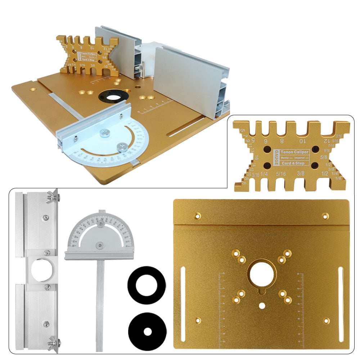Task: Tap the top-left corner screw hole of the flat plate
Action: (198, 216)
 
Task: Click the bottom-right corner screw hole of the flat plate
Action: (326, 320)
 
